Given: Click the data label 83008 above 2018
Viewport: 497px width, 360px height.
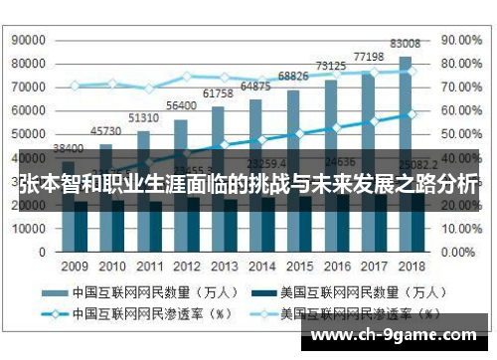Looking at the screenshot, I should coord(405,44).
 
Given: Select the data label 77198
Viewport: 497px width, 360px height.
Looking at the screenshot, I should coord(368,56).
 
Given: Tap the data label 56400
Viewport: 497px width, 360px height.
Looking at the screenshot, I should coord(180,105).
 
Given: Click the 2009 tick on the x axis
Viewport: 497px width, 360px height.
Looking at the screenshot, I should coord(74,267).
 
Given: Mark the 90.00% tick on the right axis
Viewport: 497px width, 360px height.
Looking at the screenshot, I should coord(460,41).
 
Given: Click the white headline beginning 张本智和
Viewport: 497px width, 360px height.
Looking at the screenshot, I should coord(248,184).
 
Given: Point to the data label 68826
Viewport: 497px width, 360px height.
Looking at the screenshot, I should coord(292,76).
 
